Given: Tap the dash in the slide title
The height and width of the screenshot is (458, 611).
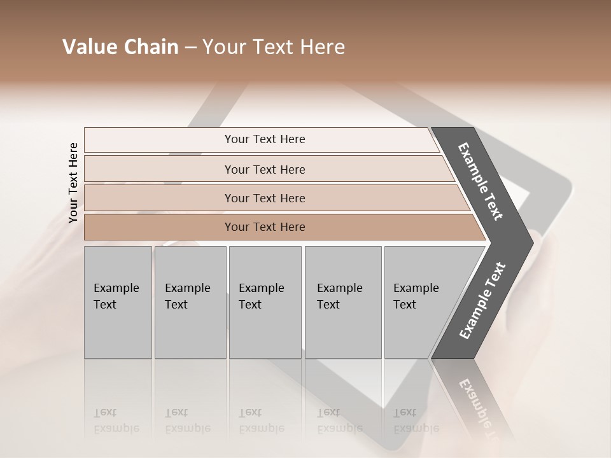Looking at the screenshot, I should pyautogui.click(x=190, y=48).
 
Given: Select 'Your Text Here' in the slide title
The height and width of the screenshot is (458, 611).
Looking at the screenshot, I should pyautogui.click(x=274, y=47).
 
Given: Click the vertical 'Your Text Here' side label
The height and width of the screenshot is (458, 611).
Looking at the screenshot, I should pyautogui.click(x=73, y=183).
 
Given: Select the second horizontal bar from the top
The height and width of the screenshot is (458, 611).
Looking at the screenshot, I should pyautogui.click(x=264, y=169).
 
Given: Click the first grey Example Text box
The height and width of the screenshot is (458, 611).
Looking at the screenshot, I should pyautogui.click(x=118, y=302).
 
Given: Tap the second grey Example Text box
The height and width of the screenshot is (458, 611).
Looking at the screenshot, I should pyautogui.click(x=190, y=302).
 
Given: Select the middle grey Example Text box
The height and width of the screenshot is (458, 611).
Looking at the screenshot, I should pyautogui.click(x=265, y=302).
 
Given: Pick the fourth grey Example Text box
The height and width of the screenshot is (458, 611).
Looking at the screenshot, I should pyautogui.click(x=342, y=302).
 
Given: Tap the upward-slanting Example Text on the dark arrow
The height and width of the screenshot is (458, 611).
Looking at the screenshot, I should pyautogui.click(x=482, y=300).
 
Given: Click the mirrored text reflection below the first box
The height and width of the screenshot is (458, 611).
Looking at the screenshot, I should pyautogui.click(x=116, y=420).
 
